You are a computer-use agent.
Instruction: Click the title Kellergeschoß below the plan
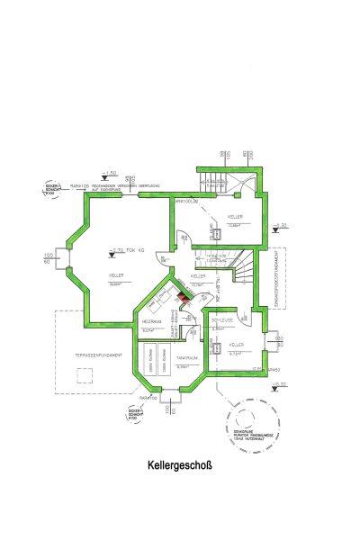tap(180, 467)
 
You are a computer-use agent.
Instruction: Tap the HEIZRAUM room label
tap(150, 320)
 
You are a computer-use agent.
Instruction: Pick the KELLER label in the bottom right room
tap(237, 345)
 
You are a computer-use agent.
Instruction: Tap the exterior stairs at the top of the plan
tap(216, 180)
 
